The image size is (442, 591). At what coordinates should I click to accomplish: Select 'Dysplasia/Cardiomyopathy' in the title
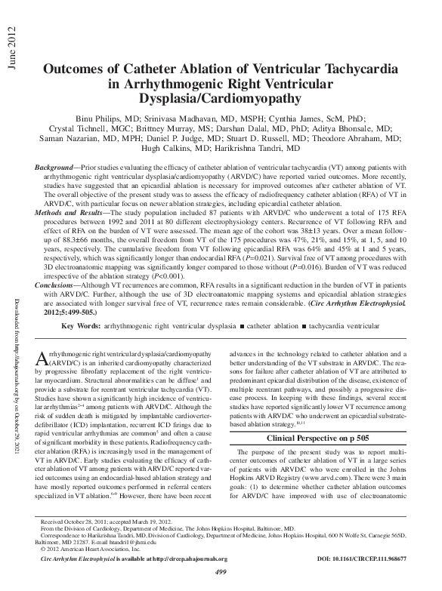click(x=220, y=99)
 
